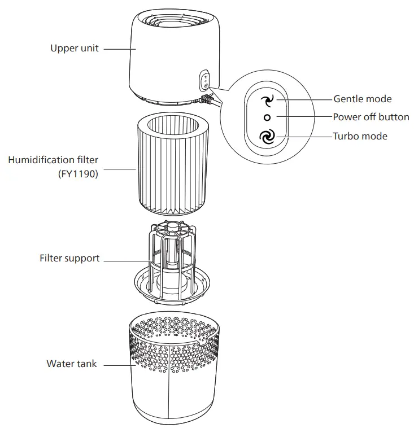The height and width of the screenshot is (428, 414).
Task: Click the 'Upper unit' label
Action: coord(74,49)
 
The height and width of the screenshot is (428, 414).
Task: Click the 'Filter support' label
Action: coord(69,258)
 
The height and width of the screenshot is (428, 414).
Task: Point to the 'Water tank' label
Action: coord(71,364)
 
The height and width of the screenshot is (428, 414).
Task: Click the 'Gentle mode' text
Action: coord(362,99)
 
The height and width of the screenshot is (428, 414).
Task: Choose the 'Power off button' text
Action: coord(371,117)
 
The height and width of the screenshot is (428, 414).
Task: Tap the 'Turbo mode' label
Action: coord(360,136)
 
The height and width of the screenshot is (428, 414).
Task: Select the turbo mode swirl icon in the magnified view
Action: coord(267,137)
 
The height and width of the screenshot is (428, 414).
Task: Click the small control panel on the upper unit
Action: coord(205,81)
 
